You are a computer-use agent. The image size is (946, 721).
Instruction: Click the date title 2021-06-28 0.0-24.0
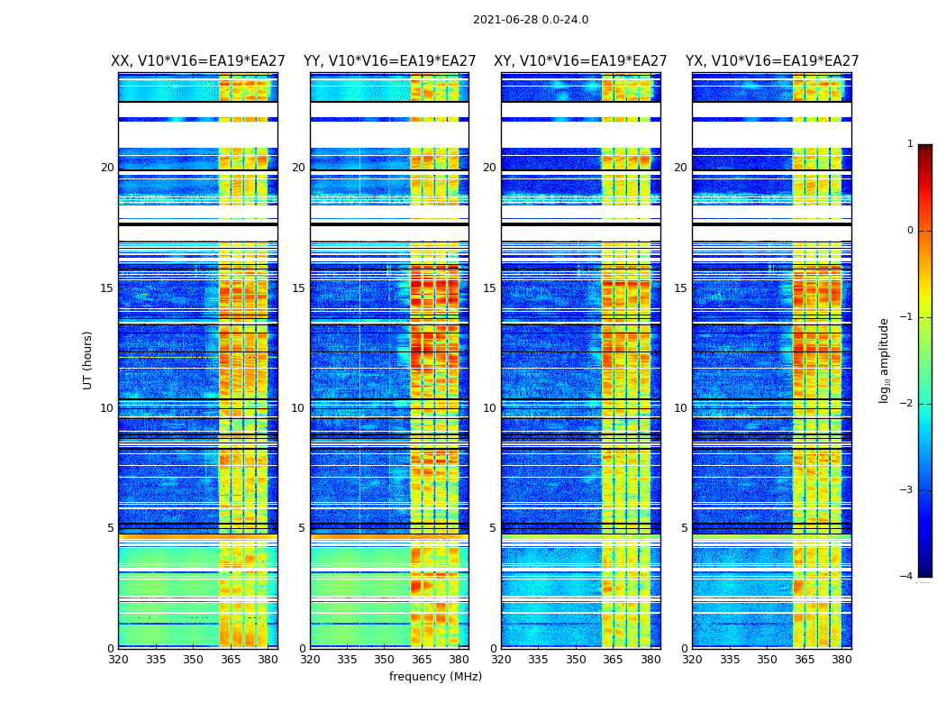point(531,20)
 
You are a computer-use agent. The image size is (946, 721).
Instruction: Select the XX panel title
point(198,61)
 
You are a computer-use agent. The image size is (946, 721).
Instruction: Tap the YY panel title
point(389,61)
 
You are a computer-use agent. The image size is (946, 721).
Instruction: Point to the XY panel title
point(580,61)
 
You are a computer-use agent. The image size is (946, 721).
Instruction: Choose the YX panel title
point(772,61)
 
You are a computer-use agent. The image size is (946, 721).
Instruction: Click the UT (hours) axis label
point(88,360)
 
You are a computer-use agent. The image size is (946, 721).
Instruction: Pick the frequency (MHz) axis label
point(435,677)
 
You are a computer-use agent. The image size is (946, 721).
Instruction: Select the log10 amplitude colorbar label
point(885,360)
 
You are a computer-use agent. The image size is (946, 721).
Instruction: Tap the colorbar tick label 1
point(909,144)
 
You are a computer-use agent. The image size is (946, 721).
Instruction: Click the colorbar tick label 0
point(909,231)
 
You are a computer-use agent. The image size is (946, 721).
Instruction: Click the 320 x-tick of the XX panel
point(118,660)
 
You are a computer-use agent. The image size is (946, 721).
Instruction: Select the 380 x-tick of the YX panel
point(841,660)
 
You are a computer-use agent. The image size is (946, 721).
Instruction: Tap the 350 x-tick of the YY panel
point(385,660)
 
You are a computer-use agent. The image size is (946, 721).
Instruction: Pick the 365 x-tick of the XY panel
point(613,660)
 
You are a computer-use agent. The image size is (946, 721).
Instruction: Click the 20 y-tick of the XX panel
point(107,168)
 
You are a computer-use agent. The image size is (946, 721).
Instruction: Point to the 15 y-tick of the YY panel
point(298,288)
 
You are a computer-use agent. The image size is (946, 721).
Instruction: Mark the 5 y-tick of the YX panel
point(684,528)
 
